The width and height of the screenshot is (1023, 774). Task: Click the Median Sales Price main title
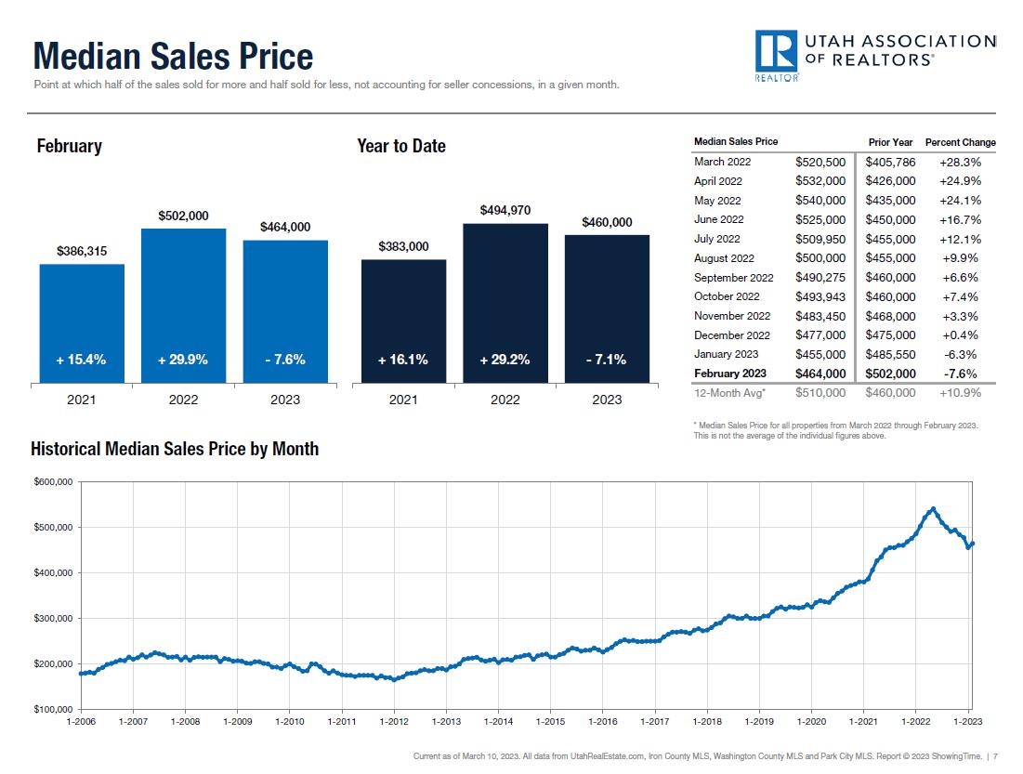(x=173, y=57)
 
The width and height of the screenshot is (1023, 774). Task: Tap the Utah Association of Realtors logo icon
(x=777, y=54)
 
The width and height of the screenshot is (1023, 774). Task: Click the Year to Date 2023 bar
(x=607, y=308)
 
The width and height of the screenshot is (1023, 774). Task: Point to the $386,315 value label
(x=82, y=251)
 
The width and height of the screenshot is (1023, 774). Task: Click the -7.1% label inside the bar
(x=607, y=360)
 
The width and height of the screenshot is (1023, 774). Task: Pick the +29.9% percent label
(x=183, y=360)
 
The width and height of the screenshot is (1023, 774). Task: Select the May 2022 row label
(x=717, y=201)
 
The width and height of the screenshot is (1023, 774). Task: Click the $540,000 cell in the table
(x=820, y=201)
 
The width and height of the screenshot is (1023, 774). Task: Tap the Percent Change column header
(x=960, y=142)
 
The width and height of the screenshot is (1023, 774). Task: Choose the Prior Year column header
(x=890, y=142)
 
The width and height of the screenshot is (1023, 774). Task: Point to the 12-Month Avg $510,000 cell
(x=820, y=393)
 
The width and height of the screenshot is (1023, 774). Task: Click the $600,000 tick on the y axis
(x=53, y=481)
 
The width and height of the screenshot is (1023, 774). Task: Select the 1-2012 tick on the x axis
(x=394, y=721)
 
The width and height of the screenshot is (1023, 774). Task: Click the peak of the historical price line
(x=933, y=509)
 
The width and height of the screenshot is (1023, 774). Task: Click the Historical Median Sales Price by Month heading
(x=175, y=449)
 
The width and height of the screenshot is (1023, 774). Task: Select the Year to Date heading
(x=400, y=146)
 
